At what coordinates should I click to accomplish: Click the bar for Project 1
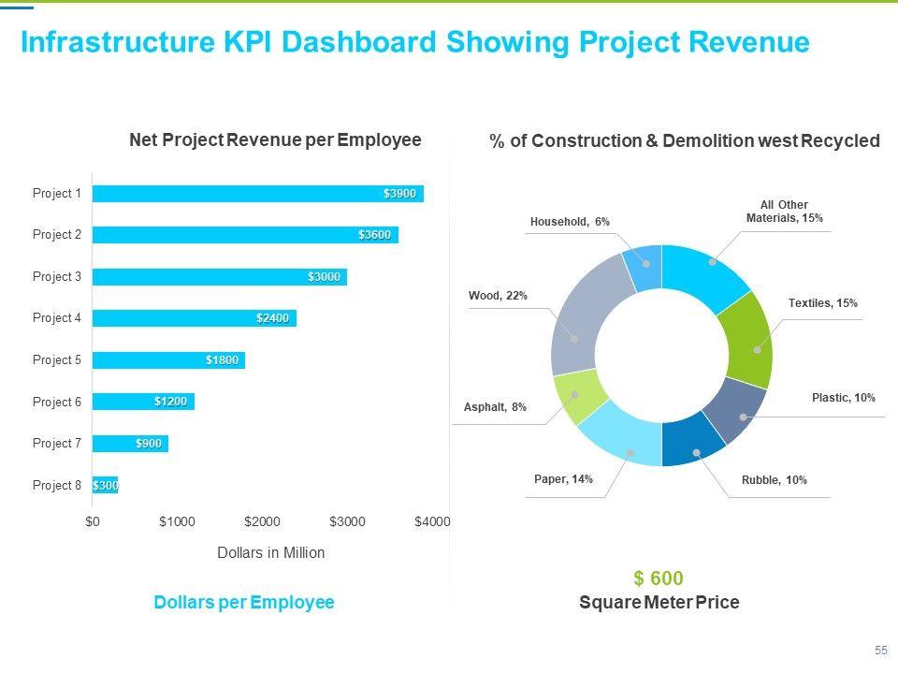(257, 194)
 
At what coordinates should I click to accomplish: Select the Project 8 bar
(105, 485)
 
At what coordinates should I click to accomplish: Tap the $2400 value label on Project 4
(273, 318)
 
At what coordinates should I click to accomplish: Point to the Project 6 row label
(57, 402)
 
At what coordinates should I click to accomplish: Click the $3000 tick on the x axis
(347, 521)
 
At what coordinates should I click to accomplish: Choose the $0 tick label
(92, 521)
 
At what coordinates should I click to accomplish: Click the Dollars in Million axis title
(270, 553)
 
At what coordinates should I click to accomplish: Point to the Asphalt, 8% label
(495, 407)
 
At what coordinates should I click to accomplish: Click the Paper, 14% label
(563, 479)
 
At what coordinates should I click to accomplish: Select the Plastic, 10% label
(843, 398)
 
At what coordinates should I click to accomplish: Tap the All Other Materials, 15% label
(784, 212)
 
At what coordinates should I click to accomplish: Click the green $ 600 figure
(658, 579)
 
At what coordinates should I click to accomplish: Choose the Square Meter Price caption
(659, 603)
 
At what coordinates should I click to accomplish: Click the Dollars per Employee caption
(243, 603)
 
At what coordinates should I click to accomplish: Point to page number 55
(880, 650)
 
